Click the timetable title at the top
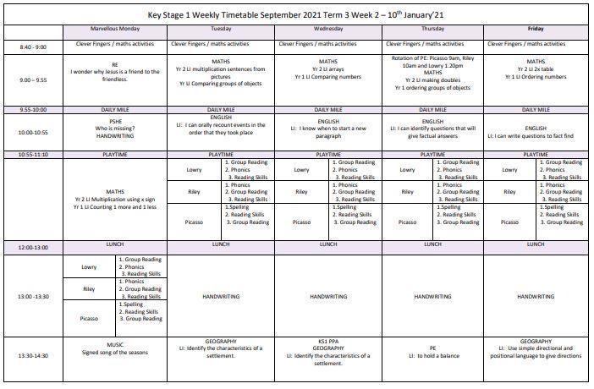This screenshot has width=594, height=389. pos(296,14)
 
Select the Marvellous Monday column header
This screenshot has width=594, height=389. pos(115,29)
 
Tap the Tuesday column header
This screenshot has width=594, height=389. pos(221,29)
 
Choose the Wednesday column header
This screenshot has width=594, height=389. pos(328,29)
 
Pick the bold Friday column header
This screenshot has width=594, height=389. pos(536,29)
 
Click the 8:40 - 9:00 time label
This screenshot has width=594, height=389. pos(34,47)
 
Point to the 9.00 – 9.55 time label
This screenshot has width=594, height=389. pos(34,80)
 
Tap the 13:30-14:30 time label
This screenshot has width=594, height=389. pos(34,356)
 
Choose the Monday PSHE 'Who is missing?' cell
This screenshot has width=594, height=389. pos(115,128)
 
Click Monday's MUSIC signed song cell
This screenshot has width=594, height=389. pos(115,348)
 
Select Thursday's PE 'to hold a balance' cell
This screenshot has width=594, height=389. pos(432,351)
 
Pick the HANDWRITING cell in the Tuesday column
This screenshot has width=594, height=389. pos(221,297)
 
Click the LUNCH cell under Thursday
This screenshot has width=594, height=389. pos(432,244)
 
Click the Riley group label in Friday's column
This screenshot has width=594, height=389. pos(509,192)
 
